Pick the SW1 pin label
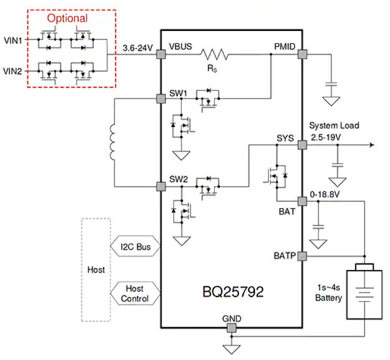pyautogui.click(x=178, y=93)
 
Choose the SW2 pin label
pyautogui.click(x=178, y=179)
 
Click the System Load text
pyautogui.click(x=334, y=125)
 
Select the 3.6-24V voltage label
pyautogui.click(x=136, y=47)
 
